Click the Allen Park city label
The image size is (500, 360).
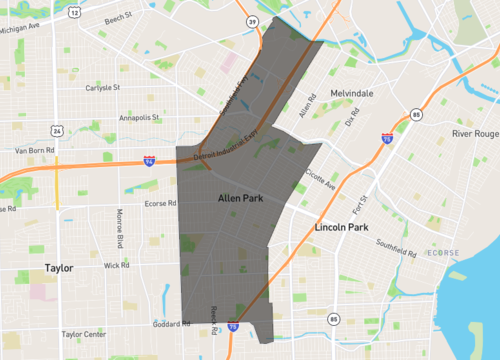pos(241,199)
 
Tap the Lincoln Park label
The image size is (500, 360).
pos(343,227)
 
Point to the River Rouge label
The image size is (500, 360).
pos(475,133)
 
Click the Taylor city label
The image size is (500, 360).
pos(60,267)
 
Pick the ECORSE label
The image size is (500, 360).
pos(442,253)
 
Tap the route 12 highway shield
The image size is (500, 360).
pos(75,13)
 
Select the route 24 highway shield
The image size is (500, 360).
pos(59,130)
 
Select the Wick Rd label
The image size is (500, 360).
pos(116,265)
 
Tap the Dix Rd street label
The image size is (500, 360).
pos(351,118)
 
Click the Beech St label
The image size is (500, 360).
pos(117,18)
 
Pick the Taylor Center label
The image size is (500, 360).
pos(84,334)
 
